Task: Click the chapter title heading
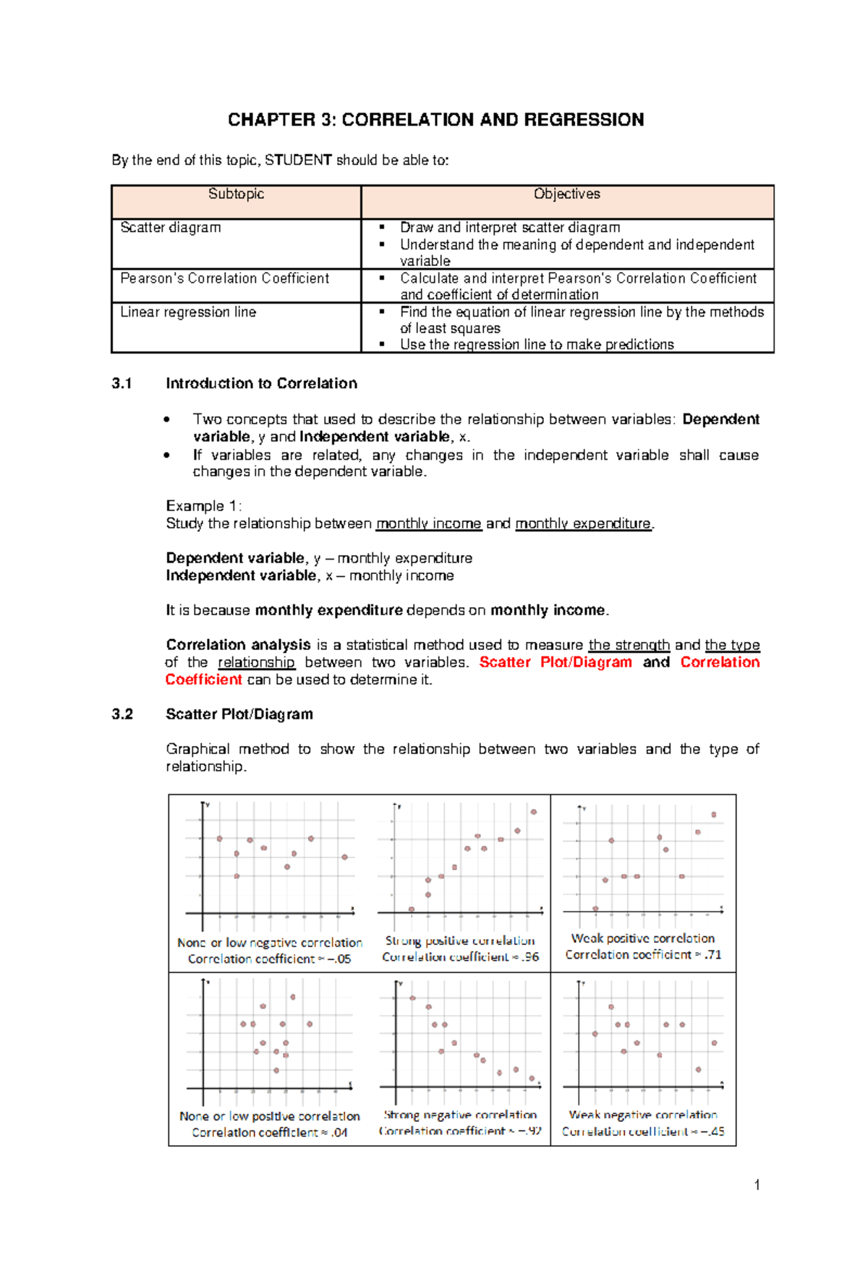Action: tap(435, 120)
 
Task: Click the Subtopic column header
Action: tap(236, 194)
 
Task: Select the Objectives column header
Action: tap(566, 194)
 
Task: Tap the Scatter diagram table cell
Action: tap(171, 228)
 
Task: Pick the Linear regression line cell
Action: tap(188, 312)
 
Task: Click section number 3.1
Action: tap(122, 384)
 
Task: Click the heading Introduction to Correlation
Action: tap(261, 384)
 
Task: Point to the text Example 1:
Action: tap(203, 506)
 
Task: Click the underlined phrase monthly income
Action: tap(428, 523)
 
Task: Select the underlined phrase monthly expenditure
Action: tap(583, 523)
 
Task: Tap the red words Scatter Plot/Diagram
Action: tap(555, 662)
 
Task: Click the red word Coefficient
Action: tap(203, 680)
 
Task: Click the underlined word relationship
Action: tap(256, 662)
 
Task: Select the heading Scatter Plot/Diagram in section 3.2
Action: tap(239, 714)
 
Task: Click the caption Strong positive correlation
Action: tap(460, 941)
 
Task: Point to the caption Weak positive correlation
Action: tap(642, 938)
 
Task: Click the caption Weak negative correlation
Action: tap(642, 1115)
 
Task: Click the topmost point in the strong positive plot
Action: tap(534, 812)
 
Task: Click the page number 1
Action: tap(757, 1185)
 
